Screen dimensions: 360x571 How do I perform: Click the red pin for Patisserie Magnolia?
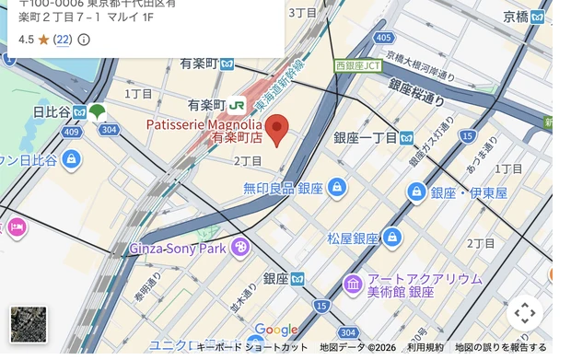pyautogui.click(x=277, y=129)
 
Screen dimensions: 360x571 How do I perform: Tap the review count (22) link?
pyautogui.click(x=63, y=40)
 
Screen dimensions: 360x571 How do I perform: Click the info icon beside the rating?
pyautogui.click(x=84, y=40)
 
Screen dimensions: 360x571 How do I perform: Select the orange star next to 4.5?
pyautogui.click(x=43, y=40)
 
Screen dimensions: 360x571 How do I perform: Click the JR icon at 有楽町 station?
pyautogui.click(x=238, y=105)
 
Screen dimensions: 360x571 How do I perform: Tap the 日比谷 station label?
pyautogui.click(x=52, y=112)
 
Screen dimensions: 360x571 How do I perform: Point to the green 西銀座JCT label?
pyautogui.click(x=357, y=66)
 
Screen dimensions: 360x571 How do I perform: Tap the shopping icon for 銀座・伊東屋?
pyautogui.click(x=417, y=192)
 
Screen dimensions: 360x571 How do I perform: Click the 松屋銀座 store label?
pyautogui.click(x=353, y=238)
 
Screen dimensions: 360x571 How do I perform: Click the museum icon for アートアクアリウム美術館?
pyautogui.click(x=353, y=284)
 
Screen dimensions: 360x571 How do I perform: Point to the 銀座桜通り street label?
pyautogui.click(x=415, y=92)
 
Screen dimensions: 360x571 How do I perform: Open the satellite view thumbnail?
pyautogui.click(x=28, y=324)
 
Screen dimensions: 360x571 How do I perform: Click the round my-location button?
pyautogui.click(x=524, y=313)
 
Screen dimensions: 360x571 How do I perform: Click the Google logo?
pyautogui.click(x=276, y=330)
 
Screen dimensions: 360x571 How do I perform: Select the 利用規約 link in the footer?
pyautogui.click(x=425, y=348)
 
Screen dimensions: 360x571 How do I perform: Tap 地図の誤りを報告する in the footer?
pyautogui.click(x=500, y=348)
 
